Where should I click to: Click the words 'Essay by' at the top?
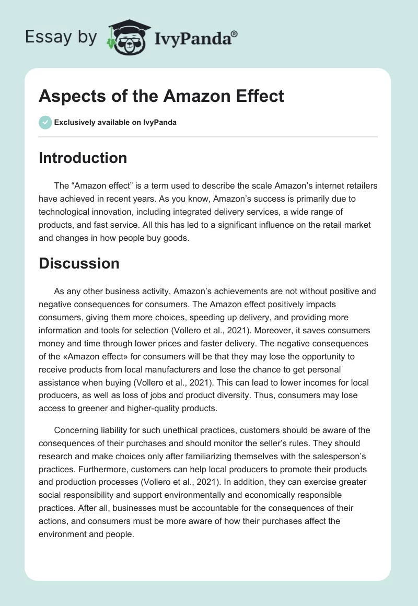pos(62,38)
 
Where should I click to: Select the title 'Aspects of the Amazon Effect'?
pos(161,96)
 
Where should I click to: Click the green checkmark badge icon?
pos(45,122)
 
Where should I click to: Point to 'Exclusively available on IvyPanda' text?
pos(115,123)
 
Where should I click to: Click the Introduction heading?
pos(83,158)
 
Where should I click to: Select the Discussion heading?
pos(79,264)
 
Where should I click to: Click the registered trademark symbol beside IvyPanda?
pos(235,33)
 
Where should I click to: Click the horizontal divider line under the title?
pos(208,137)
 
